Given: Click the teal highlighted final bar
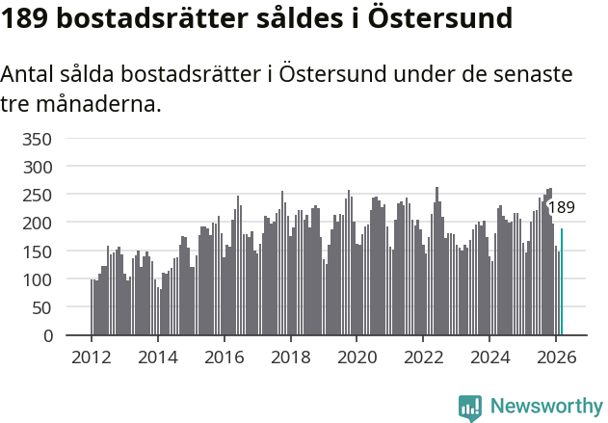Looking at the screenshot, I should (562, 282).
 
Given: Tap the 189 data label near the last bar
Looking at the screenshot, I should (561, 207).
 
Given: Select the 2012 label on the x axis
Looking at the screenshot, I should (92, 356).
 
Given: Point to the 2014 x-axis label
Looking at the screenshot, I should (158, 356).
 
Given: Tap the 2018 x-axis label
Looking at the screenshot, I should (290, 356).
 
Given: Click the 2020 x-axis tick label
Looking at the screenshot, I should (357, 356).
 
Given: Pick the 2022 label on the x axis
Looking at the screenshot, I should (423, 356).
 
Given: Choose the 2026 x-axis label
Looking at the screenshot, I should (555, 356).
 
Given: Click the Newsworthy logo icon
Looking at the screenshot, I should (470, 408).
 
